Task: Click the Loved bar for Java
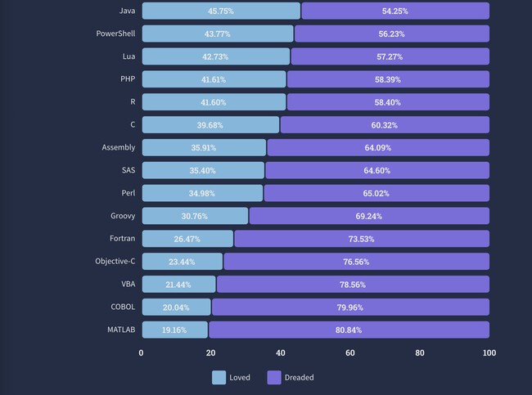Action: [x=221, y=11]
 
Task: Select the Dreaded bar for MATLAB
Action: [x=349, y=330]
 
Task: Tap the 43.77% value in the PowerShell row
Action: [x=217, y=34]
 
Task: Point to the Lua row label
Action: [x=128, y=56]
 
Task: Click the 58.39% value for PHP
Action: [x=388, y=79]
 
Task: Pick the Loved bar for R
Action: [x=214, y=102]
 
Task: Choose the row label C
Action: [x=133, y=124]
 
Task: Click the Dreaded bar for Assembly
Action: [x=378, y=147]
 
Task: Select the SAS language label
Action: [x=128, y=170]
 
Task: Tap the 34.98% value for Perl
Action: [x=202, y=193]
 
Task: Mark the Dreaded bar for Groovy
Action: [x=369, y=216]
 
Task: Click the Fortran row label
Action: [x=123, y=239]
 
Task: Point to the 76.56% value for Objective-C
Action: [x=356, y=262]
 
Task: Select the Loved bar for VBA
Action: [x=178, y=284]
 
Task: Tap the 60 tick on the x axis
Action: [x=350, y=353]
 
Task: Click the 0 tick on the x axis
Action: [x=142, y=353]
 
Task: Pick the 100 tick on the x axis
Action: [x=489, y=353]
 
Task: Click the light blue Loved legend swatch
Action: [x=219, y=378]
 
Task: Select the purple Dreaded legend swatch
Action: [x=274, y=378]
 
